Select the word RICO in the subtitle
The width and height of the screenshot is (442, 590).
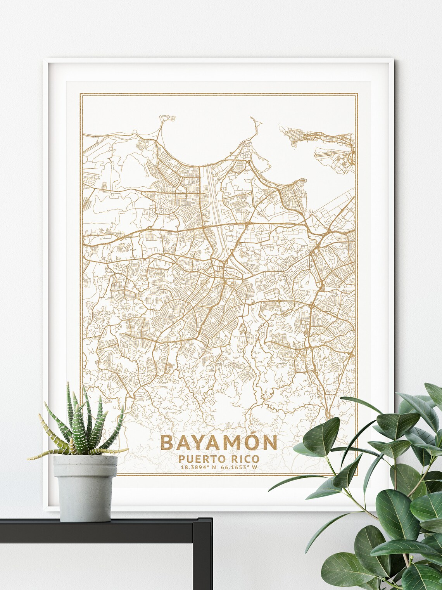coord(243,459)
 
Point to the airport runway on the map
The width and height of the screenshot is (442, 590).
coord(330,156)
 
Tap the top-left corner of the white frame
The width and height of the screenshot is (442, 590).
coord(45,59)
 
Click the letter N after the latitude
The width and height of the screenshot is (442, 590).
coord(213,467)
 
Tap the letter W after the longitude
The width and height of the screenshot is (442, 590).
coord(255,467)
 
